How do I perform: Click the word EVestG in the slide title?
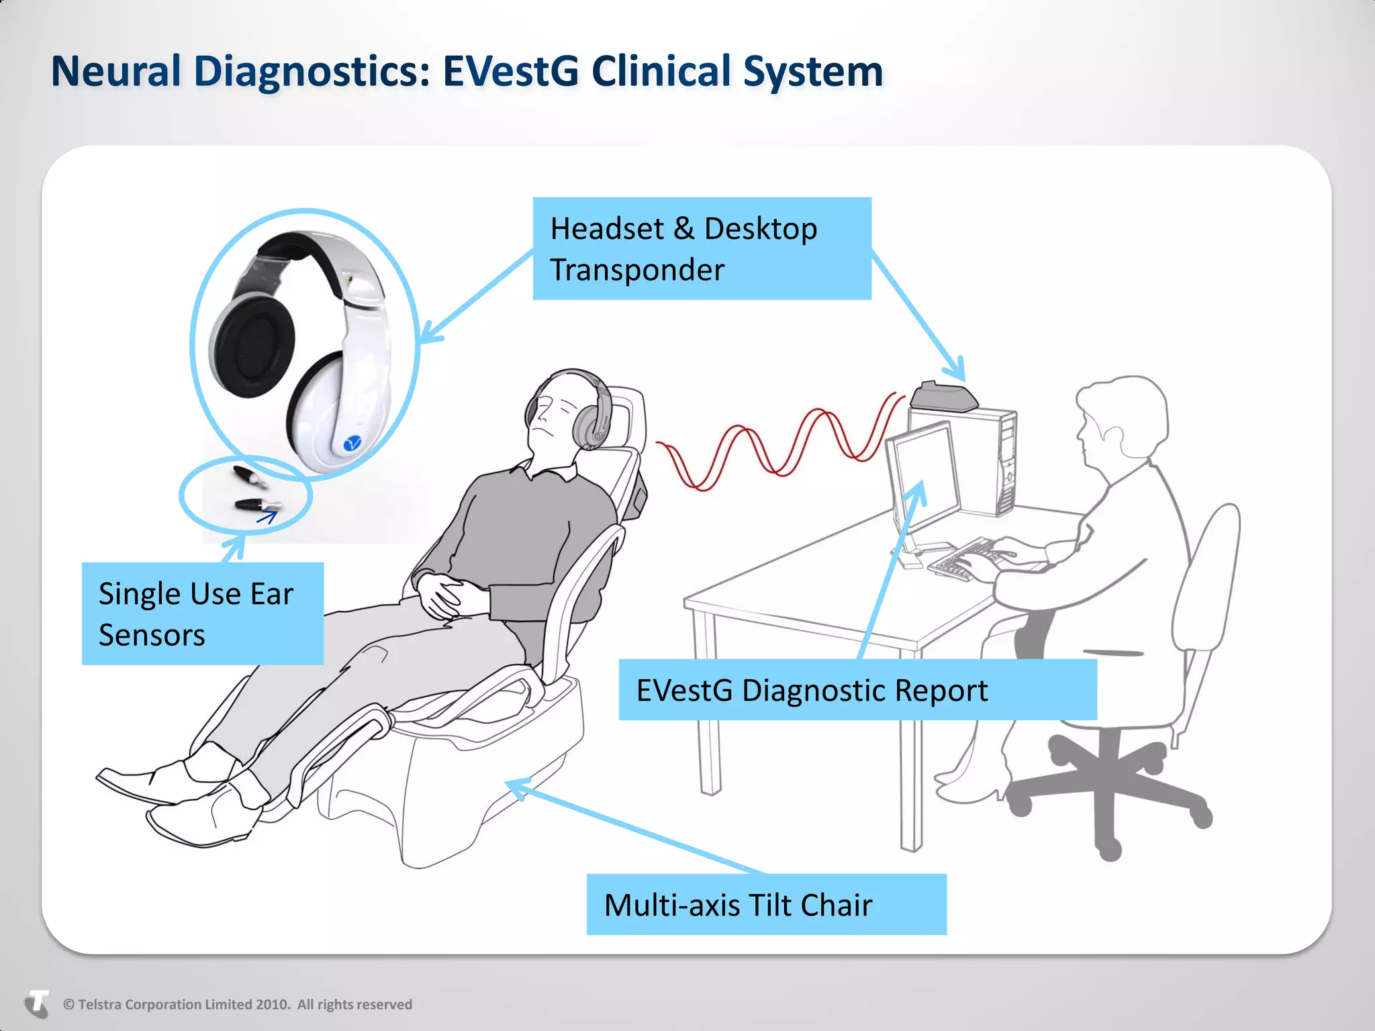(510, 71)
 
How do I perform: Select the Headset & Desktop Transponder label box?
(702, 248)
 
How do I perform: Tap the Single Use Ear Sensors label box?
(202, 613)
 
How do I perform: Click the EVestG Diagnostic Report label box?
(857, 690)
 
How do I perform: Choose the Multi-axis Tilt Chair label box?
(766, 904)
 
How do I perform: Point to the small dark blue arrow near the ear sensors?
(267, 517)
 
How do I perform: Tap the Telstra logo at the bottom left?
(37, 1004)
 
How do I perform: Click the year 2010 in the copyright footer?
(273, 1005)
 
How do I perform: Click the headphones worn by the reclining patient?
(591, 413)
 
